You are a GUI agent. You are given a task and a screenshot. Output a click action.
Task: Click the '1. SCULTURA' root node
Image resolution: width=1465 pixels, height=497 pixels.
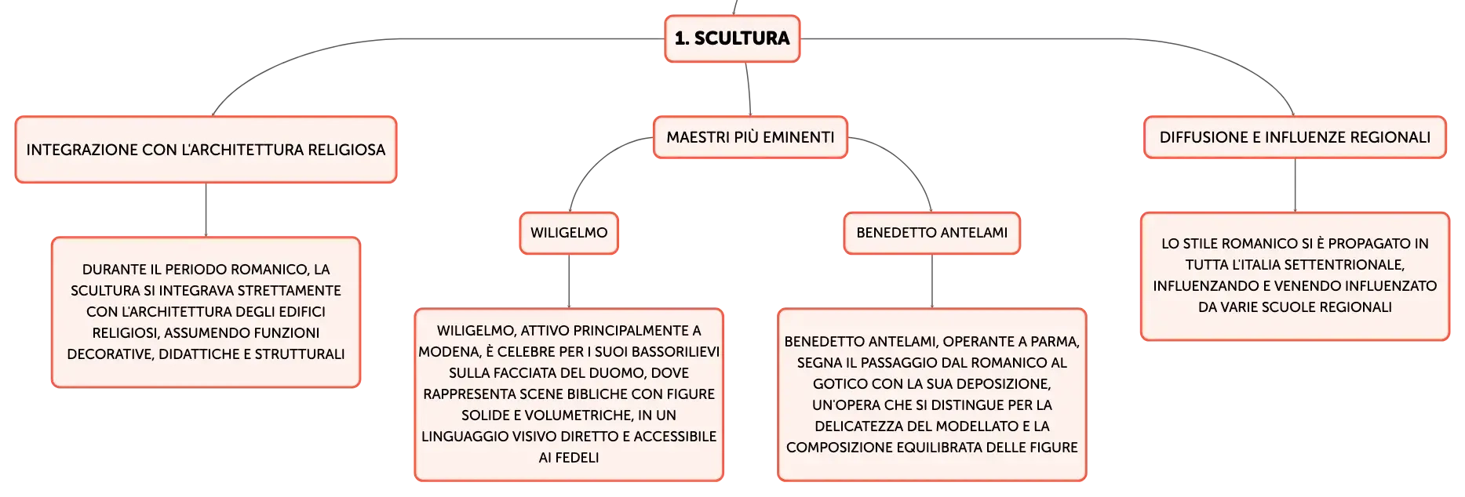[732, 38]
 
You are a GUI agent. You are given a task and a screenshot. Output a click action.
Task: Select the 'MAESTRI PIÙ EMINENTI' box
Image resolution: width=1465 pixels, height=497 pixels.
[750, 137]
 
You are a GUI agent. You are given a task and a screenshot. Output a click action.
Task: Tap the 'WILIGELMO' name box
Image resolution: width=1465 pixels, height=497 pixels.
[569, 233]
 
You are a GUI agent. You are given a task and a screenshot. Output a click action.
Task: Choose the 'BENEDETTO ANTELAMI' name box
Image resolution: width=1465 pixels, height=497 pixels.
[932, 233]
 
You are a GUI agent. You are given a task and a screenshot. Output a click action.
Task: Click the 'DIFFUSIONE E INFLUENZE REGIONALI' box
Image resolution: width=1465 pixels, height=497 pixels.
[1295, 137]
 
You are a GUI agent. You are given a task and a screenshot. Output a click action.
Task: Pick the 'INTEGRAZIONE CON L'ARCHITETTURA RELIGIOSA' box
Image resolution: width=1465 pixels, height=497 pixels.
[206, 150]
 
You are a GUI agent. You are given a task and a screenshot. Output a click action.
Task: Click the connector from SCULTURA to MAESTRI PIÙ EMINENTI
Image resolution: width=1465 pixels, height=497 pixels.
[748, 89]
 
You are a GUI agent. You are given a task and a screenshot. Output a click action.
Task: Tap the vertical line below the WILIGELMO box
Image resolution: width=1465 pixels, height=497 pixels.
[569, 281]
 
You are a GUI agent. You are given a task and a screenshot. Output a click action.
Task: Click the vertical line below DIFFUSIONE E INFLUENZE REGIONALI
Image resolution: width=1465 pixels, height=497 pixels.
[1295, 186]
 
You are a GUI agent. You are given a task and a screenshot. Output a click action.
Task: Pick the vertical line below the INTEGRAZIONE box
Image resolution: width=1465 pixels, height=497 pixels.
[206, 210]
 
